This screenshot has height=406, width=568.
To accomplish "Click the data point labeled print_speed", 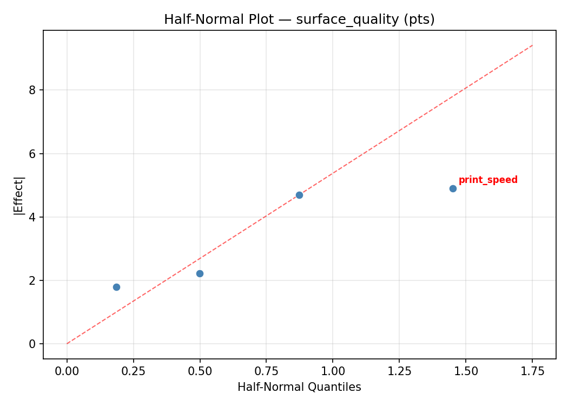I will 453,188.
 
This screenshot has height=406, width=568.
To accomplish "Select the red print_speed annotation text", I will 488,180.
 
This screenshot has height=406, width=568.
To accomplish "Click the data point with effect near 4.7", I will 299,195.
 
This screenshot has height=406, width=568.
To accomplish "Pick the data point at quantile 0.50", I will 200,273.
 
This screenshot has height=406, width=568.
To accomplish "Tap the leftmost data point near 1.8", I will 116,287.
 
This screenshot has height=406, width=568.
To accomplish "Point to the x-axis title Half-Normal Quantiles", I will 299,387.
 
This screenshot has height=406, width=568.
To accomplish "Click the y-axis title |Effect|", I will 19,195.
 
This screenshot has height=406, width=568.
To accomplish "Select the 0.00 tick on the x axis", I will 67,372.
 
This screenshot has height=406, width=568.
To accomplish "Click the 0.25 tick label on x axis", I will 133,372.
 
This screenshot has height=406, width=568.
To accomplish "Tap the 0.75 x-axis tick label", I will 266,372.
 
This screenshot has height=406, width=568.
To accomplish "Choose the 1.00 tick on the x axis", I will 333,372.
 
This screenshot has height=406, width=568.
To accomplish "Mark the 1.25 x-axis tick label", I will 399,372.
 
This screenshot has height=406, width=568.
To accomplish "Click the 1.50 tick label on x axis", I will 466,372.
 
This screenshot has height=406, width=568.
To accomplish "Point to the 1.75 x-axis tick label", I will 532,372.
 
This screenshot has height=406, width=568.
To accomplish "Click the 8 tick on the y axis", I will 33,90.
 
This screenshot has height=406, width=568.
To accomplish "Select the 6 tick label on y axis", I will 33,154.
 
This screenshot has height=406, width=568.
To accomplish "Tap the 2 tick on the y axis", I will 33,281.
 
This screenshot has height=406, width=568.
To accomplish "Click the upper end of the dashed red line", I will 532,45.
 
